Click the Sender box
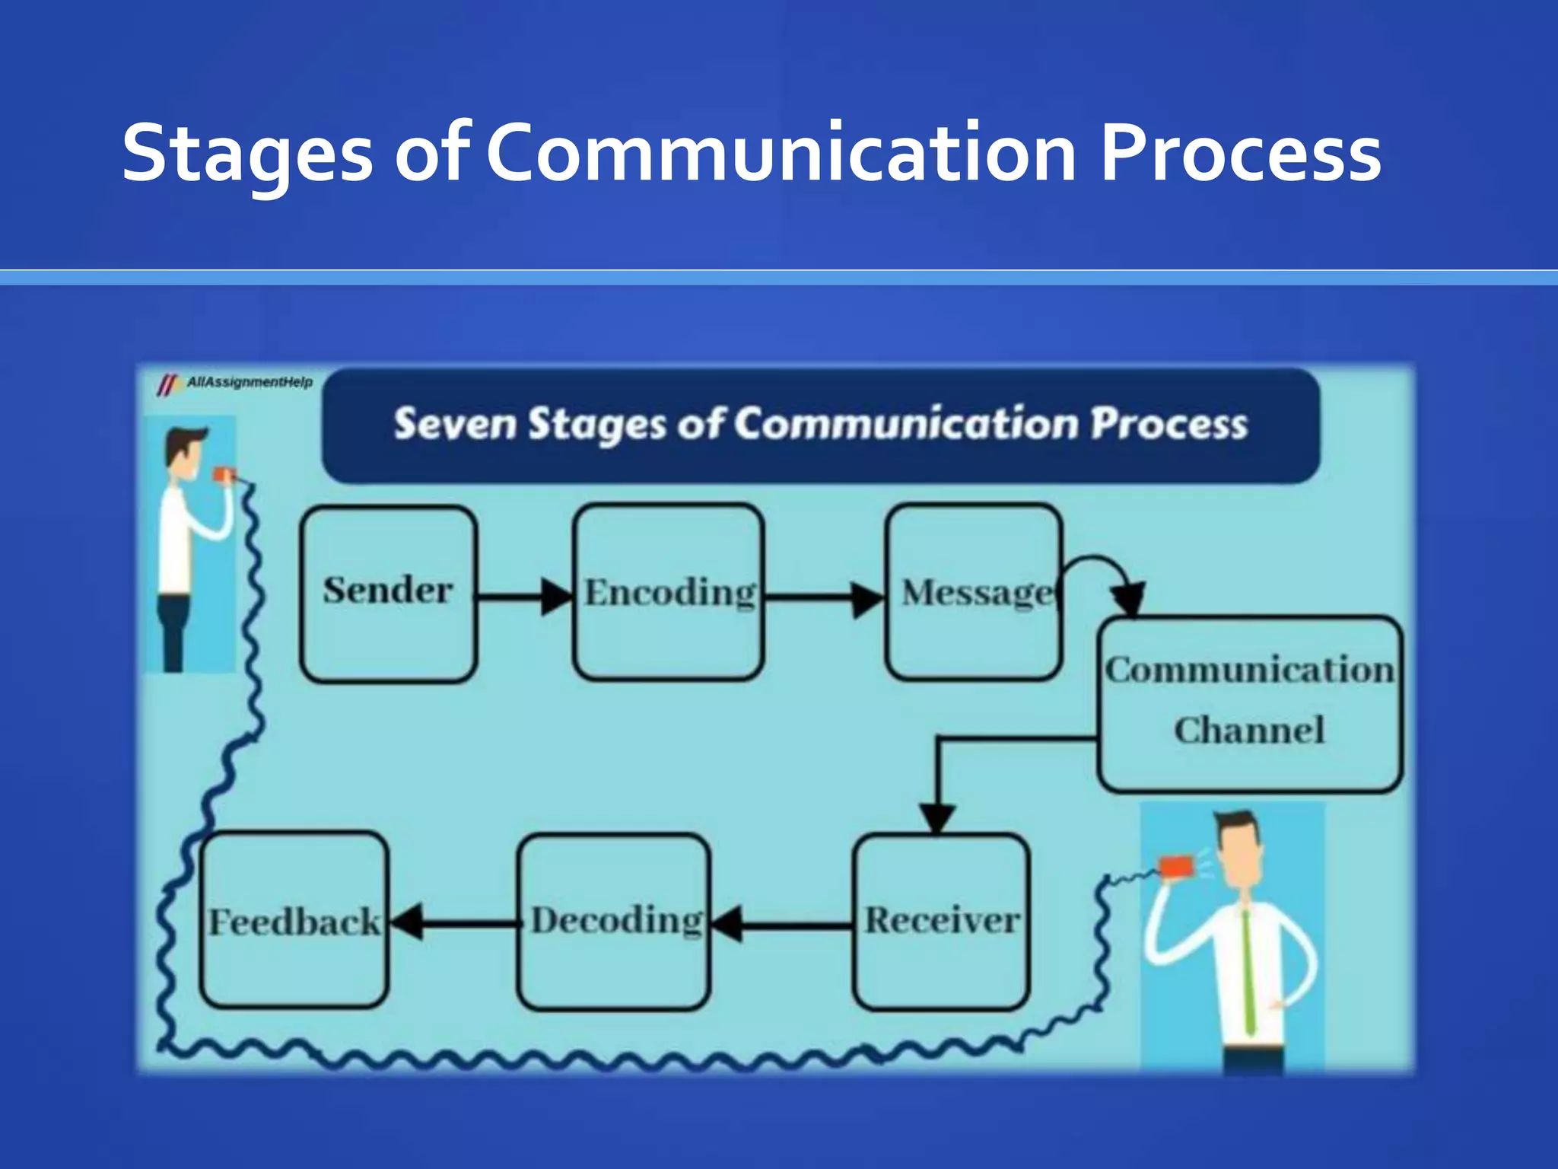tap(389, 594)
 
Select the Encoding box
tap(669, 592)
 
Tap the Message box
tap(974, 592)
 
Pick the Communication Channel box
tap(1249, 703)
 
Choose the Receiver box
tap(941, 922)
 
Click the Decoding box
tap(613, 922)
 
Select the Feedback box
tap(294, 920)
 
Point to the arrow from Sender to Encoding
tap(525, 596)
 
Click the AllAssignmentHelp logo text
tap(249, 382)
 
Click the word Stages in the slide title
tap(247, 154)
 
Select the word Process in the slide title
tap(1240, 154)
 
